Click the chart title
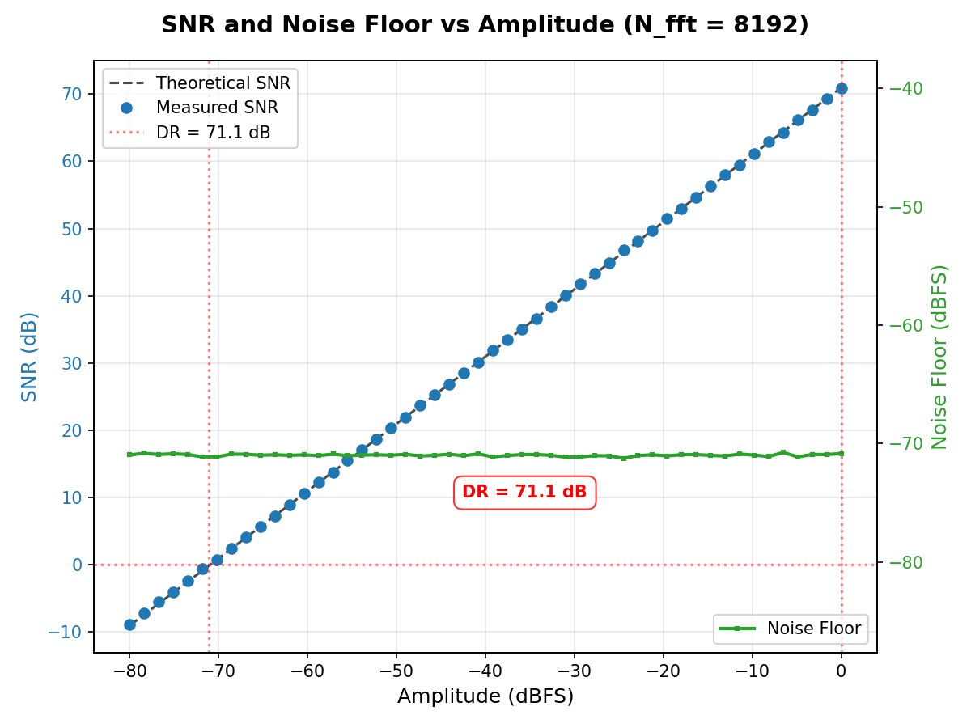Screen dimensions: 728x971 pyautogui.click(x=485, y=25)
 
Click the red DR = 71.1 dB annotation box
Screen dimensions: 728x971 pyautogui.click(x=524, y=492)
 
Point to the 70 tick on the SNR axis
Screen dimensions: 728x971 pyautogui.click(x=72, y=94)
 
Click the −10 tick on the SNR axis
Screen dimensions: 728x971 pyautogui.click(x=66, y=632)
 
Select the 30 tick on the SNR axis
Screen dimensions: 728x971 pyautogui.click(x=72, y=363)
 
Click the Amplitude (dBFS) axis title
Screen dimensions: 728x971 pyautogui.click(x=485, y=696)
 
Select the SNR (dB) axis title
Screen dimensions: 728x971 pyautogui.click(x=30, y=356)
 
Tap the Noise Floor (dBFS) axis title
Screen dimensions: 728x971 pyautogui.click(x=939, y=356)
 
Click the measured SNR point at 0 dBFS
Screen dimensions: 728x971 pyautogui.click(x=842, y=88)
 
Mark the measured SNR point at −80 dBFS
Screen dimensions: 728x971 pyautogui.click(x=129, y=624)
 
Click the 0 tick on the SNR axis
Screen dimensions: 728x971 pyautogui.click(x=77, y=565)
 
